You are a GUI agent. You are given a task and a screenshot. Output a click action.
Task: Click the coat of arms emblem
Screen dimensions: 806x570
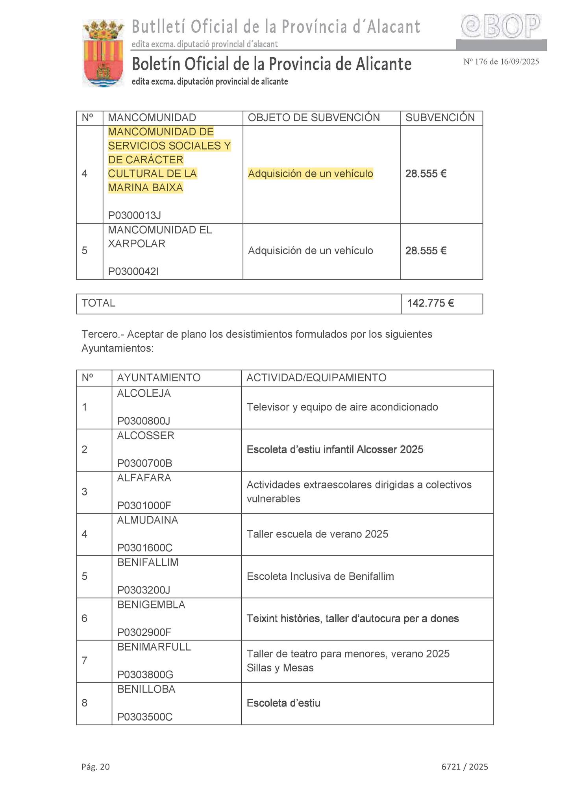point(103,54)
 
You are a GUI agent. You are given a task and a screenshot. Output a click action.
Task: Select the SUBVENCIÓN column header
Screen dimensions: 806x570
point(440,118)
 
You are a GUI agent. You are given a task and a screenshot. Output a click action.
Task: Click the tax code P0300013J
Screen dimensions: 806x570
point(135,215)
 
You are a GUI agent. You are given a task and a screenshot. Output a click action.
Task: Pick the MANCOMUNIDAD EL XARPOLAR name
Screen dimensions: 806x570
point(160,237)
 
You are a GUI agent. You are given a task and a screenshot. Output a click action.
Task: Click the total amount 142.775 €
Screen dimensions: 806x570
point(431,303)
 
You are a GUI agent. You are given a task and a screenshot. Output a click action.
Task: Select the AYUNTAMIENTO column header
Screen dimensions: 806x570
point(159,378)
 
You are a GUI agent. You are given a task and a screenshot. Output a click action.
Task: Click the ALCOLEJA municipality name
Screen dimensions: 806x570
point(144,394)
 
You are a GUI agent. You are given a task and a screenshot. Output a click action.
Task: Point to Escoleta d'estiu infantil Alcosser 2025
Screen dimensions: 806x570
point(335,449)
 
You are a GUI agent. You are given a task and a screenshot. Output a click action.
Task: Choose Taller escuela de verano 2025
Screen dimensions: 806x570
point(317,534)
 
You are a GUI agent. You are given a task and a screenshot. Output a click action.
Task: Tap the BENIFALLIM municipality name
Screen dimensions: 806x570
point(148,562)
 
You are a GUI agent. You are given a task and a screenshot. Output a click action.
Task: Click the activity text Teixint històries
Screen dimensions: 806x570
point(283,619)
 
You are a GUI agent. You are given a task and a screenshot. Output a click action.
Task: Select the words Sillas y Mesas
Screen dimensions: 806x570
point(280,668)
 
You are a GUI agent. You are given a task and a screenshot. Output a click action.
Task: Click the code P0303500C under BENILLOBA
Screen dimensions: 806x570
point(145,717)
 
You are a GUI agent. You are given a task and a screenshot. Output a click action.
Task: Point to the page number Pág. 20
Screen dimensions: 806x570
point(96,767)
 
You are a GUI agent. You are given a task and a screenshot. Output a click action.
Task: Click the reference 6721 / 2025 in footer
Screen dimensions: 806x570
point(465,767)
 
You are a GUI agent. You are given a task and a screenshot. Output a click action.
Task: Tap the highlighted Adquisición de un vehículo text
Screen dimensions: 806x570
point(311,174)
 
